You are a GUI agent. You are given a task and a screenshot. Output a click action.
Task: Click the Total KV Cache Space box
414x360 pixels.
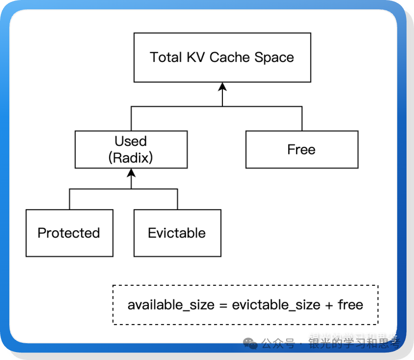(x=222, y=58)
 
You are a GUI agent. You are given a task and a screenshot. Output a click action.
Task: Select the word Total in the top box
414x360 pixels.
(x=166, y=57)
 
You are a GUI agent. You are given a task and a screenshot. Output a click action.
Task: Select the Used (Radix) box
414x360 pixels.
(x=131, y=149)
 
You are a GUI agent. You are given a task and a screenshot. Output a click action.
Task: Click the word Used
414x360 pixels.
(x=131, y=141)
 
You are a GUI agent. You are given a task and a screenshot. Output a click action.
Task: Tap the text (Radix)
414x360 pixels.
(x=131, y=158)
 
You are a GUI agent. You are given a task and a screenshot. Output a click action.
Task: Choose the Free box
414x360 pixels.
(x=302, y=149)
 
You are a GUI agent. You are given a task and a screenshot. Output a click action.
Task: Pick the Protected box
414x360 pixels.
(x=69, y=233)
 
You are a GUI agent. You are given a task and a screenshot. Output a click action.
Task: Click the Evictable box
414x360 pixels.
(x=177, y=233)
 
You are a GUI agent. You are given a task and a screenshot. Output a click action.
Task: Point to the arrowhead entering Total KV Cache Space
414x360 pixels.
(x=222, y=87)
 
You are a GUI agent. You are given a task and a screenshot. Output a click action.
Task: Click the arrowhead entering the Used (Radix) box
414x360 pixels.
(x=131, y=172)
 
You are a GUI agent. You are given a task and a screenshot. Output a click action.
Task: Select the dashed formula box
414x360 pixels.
(x=245, y=305)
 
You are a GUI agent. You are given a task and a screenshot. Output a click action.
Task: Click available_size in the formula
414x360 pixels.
(x=171, y=305)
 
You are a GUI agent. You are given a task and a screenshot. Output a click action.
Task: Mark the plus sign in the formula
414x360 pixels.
(x=329, y=305)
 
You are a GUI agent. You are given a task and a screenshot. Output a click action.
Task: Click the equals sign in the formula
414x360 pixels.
(x=223, y=305)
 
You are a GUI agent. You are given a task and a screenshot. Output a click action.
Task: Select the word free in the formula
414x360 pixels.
(x=350, y=305)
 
